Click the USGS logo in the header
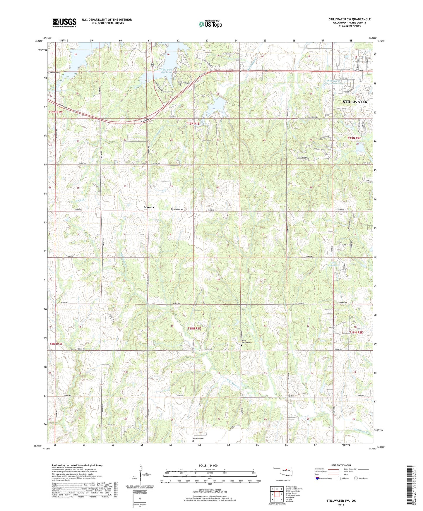[x=64, y=23]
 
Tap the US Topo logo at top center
[x=210, y=24]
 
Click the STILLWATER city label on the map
[x=355, y=102]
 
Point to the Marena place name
[x=149, y=207]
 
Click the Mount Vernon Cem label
[x=246, y=342]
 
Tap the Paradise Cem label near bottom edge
[x=198, y=438]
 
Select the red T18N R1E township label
[x=194, y=329]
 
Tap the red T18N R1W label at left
[x=55, y=344]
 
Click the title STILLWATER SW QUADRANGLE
[x=350, y=19]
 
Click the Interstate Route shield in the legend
[x=318, y=478]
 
